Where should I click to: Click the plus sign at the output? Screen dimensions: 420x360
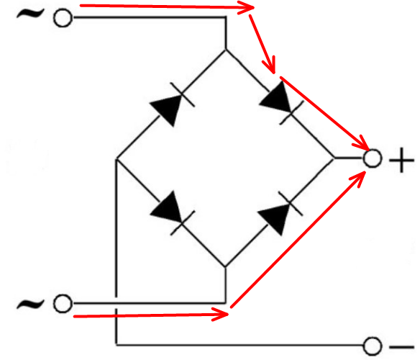pos(401,161)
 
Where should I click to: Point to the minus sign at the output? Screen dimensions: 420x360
pos(402,347)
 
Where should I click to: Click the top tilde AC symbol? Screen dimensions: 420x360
pos(30,14)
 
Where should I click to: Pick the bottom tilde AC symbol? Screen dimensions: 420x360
pos(30,304)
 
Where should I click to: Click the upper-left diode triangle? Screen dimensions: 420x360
pos(168,109)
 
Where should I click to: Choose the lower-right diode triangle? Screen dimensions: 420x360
pos(276,219)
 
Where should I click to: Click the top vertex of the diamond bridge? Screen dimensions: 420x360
pos(226,50)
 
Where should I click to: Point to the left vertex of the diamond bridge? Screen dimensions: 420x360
pos(117,159)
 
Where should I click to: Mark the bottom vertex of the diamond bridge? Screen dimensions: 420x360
pos(226,267)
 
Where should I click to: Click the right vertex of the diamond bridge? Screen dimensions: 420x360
pos(334,158)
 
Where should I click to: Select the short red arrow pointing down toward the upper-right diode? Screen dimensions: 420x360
pos(262,44)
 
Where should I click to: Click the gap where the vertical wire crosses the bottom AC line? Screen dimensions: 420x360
pos(117,303)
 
